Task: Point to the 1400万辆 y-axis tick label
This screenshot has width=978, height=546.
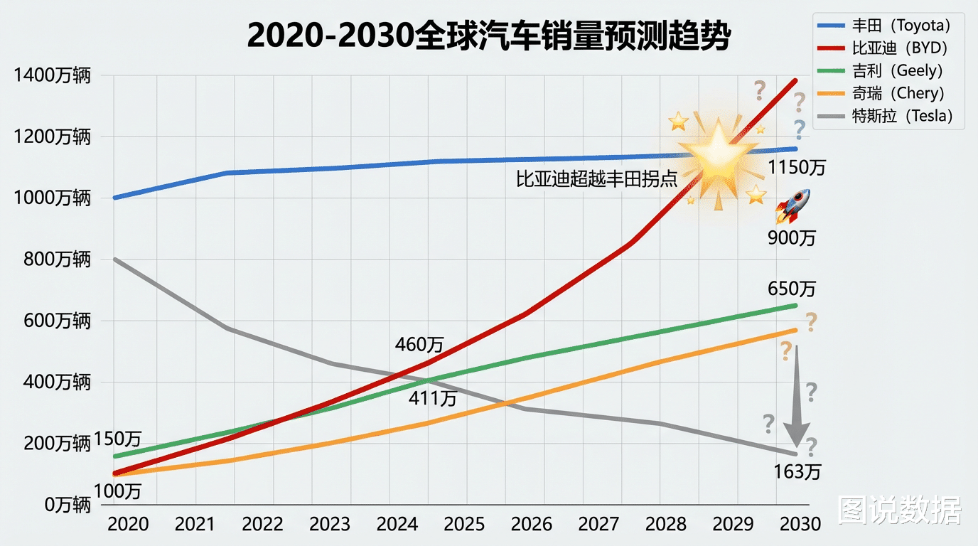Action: [x=52, y=75]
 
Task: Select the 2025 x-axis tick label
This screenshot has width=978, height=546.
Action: [x=464, y=525]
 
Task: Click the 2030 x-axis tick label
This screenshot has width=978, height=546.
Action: [x=800, y=525]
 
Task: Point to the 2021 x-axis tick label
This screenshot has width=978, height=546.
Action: [x=195, y=525]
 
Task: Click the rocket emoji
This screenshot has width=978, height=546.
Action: [x=792, y=205]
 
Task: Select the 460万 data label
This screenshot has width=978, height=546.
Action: [x=419, y=346]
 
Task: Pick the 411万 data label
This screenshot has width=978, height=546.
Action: [x=432, y=399]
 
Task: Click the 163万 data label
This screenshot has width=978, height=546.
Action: [x=797, y=471]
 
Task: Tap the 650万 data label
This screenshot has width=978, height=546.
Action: [x=792, y=289]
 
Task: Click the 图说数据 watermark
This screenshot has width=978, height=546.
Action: [x=900, y=510]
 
